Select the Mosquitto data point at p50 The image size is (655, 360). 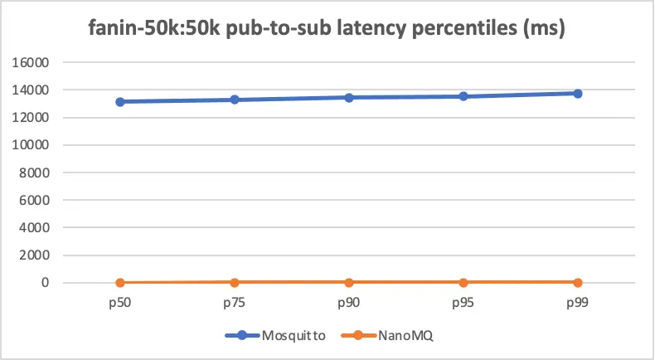[120, 102]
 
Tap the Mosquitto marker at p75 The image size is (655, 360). [235, 100]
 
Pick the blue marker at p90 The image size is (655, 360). [349, 98]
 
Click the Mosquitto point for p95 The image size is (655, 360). [463, 96]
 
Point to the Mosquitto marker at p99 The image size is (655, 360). [578, 94]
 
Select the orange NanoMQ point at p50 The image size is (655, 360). [120, 283]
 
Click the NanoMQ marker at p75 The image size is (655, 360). [235, 283]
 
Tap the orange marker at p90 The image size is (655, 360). [349, 283]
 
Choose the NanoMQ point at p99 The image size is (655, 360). [578, 283]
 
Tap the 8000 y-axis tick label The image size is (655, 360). [36, 173]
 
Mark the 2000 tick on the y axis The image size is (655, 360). [36, 255]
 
